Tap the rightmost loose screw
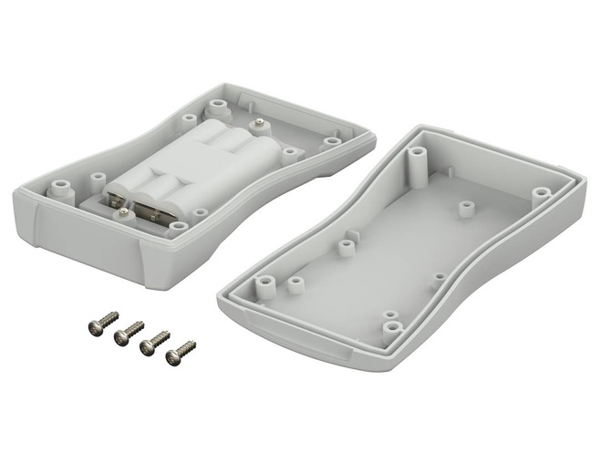point(180,352)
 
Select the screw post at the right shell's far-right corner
point(542,193)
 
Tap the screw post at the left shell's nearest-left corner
point(60,190)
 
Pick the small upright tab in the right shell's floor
point(440,278)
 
